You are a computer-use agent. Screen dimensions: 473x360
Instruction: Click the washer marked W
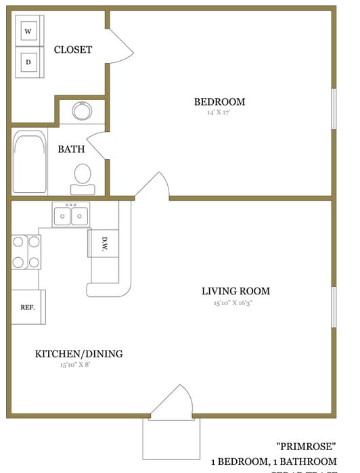pyautogui.click(x=28, y=31)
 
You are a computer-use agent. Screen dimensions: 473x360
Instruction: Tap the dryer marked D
pyautogui.click(x=28, y=62)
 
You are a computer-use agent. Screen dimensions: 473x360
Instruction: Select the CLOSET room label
pyautogui.click(x=73, y=49)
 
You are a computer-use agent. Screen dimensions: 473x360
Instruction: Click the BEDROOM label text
pyautogui.click(x=219, y=102)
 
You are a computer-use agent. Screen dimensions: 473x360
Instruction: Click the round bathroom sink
pyautogui.click(x=83, y=111)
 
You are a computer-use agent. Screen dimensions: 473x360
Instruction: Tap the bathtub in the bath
pyautogui.click(x=29, y=162)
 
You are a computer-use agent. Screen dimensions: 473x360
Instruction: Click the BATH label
pyautogui.click(x=71, y=149)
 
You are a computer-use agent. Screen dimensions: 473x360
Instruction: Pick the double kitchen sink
pyautogui.click(x=71, y=216)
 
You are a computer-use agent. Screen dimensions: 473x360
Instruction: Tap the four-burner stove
pyautogui.click(x=25, y=252)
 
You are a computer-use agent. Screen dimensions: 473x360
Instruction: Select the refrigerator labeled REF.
pyautogui.click(x=28, y=307)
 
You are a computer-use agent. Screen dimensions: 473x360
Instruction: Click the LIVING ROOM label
pyautogui.click(x=235, y=292)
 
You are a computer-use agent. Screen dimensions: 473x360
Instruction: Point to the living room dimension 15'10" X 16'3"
pyautogui.click(x=235, y=303)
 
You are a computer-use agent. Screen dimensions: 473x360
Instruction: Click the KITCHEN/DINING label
pyautogui.click(x=78, y=353)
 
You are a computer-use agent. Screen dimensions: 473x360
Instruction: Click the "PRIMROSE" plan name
pyautogui.click(x=306, y=447)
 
